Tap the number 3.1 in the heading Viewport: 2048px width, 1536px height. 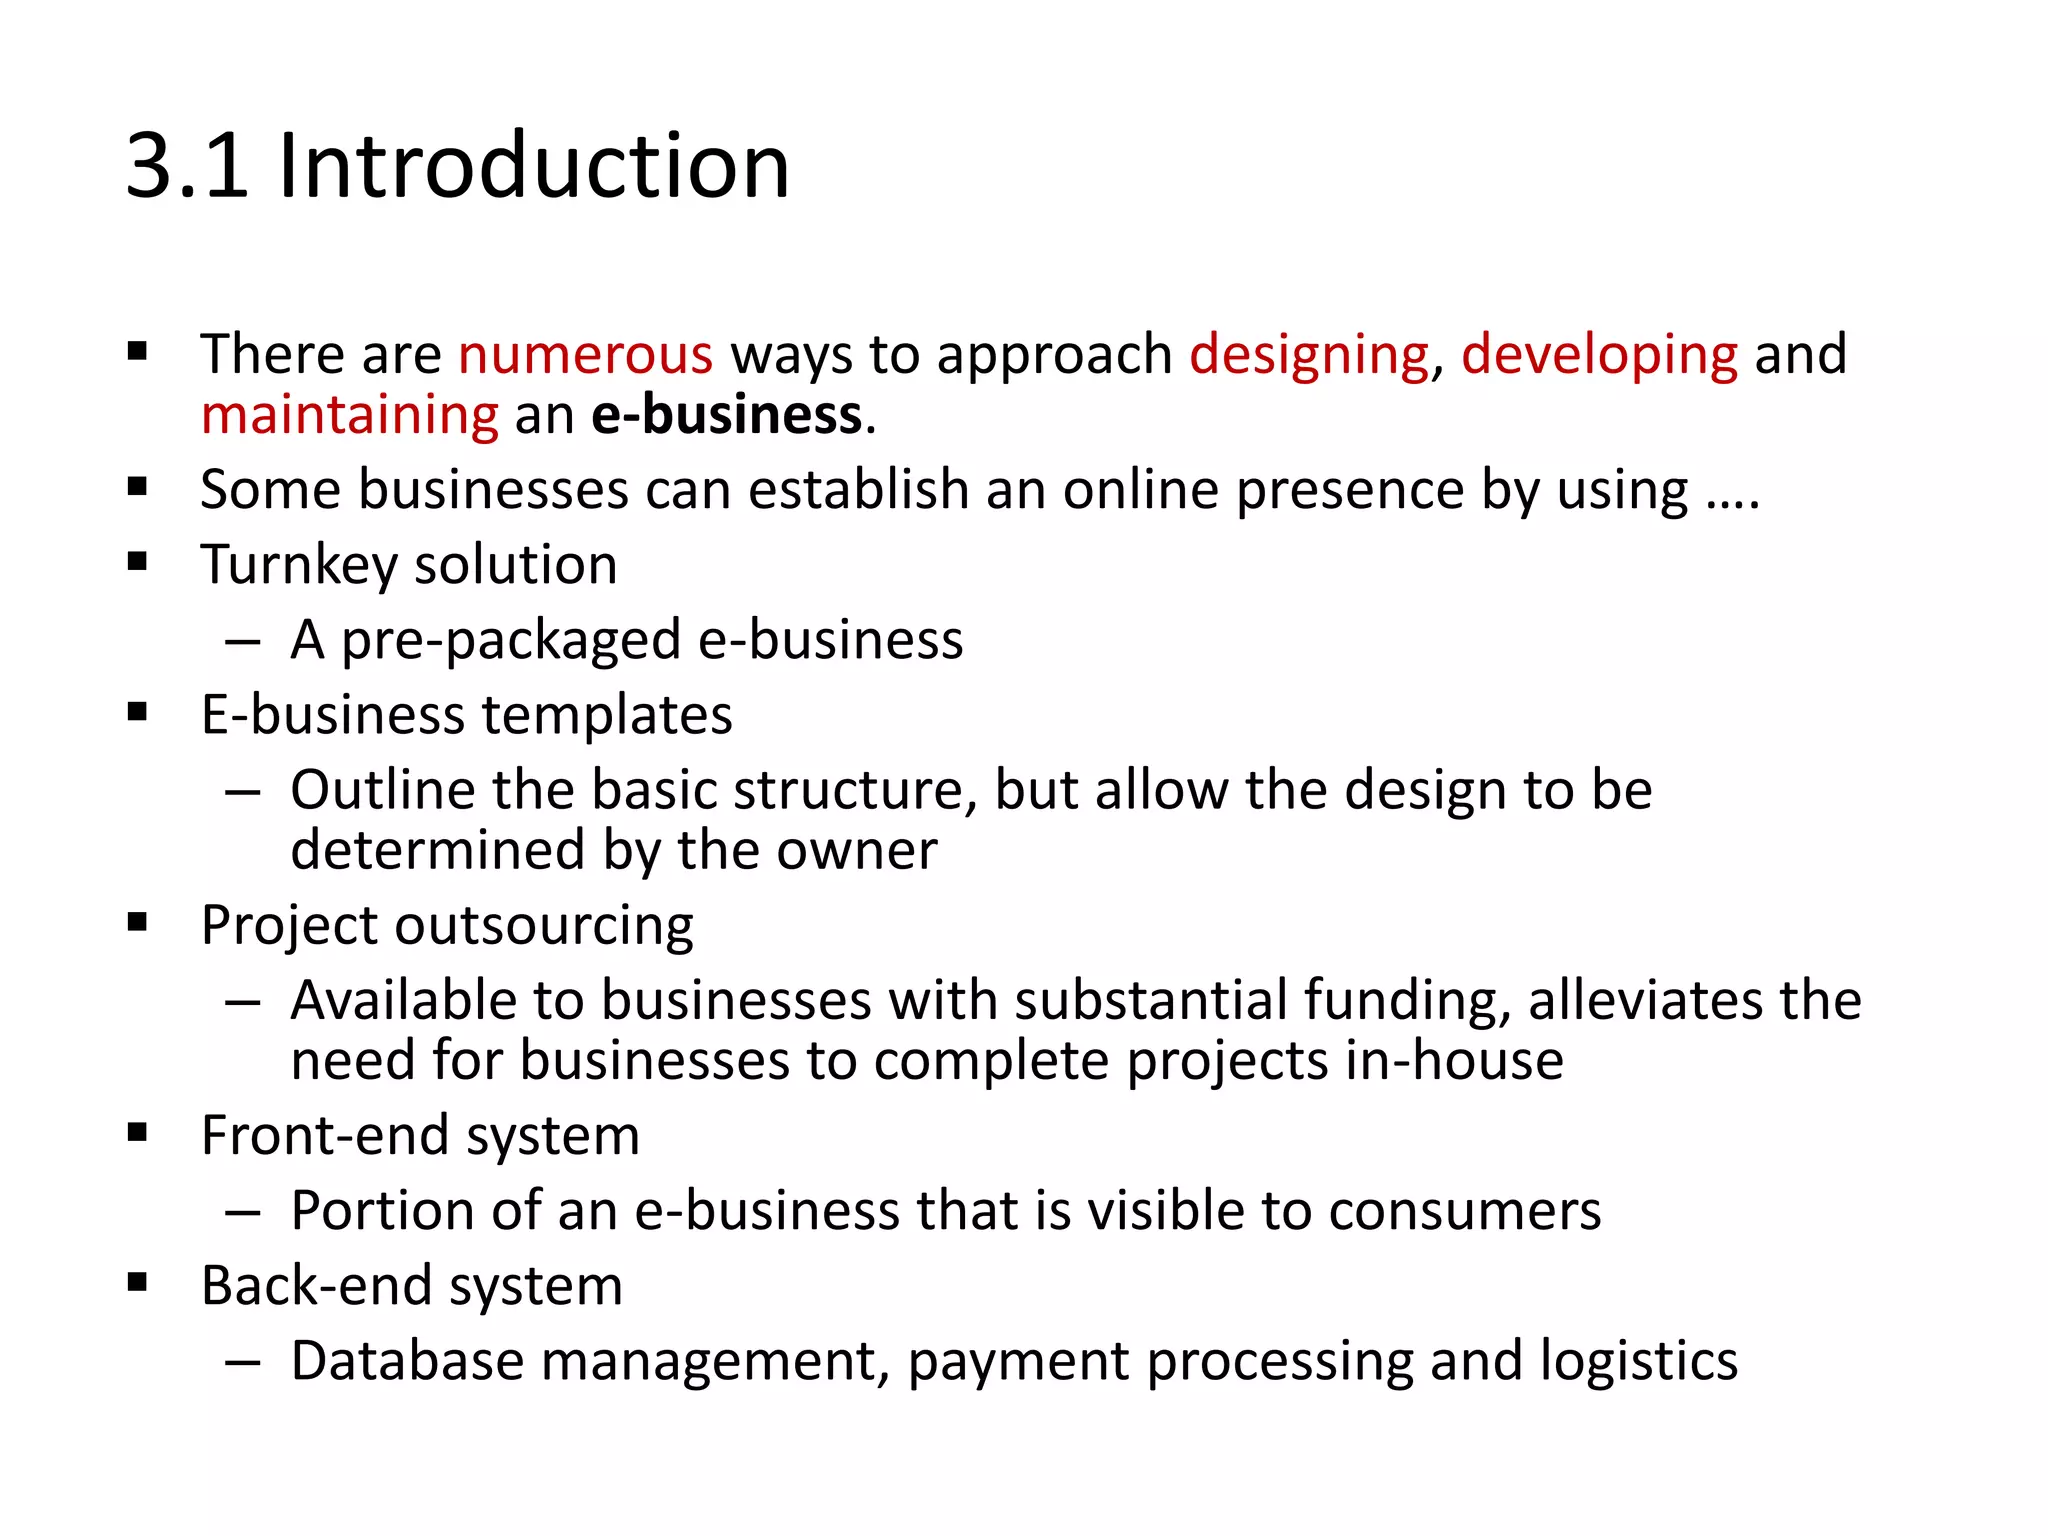187,165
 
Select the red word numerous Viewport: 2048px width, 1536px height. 585,354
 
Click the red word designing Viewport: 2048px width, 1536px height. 1309,354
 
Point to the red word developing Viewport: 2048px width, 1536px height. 1599,354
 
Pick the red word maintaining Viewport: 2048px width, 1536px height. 349,414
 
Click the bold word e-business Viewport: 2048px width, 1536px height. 727,414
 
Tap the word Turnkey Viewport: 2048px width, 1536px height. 298,565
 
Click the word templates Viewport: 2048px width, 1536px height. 607,715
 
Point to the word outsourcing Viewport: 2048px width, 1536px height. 545,925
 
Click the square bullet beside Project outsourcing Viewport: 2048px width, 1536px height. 138,922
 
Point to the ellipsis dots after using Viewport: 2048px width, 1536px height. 1733,505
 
